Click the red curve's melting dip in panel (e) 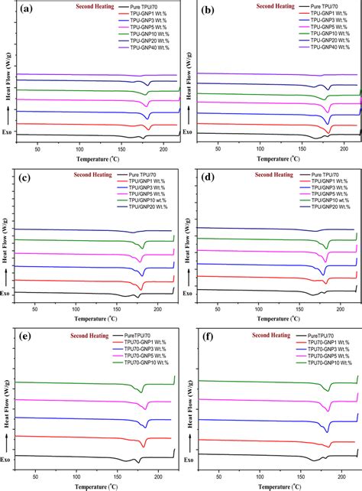tap(142, 444)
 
